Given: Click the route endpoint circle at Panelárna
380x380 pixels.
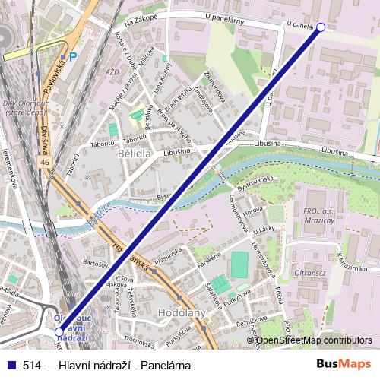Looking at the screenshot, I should [320, 27].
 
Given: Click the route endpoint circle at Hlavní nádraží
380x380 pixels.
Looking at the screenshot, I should [59, 332].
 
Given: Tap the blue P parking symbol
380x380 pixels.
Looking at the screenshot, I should [73, 56].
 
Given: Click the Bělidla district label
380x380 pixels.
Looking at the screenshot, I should [135, 153].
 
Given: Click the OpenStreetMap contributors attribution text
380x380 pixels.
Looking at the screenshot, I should [313, 341].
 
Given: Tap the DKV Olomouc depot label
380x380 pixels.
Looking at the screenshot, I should [23, 107].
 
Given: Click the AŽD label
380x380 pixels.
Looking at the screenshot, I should [113, 72].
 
